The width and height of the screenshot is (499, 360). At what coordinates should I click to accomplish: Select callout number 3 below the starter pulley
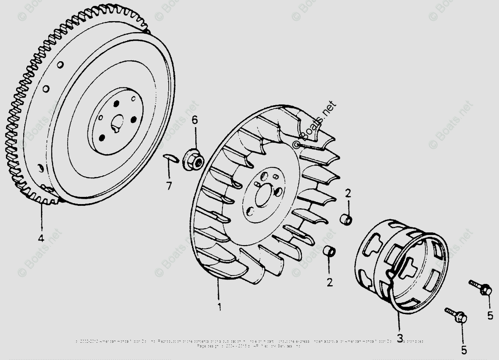coord(399,338)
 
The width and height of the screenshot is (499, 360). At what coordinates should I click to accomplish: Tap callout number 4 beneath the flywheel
coord(41,238)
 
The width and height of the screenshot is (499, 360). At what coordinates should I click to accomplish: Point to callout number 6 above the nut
coord(195,120)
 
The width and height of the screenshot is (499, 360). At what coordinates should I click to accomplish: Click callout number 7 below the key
coord(169,185)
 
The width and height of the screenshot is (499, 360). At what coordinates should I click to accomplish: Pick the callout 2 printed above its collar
coord(348,194)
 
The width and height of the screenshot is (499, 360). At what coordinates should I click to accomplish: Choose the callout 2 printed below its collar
coord(329,282)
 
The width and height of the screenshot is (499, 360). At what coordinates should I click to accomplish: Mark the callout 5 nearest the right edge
coord(490,315)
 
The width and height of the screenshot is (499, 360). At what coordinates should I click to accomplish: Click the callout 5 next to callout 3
coord(464,350)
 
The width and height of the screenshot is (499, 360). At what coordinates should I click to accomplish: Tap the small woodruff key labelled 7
coord(169,157)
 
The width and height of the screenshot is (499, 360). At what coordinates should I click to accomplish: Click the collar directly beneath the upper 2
coord(346,220)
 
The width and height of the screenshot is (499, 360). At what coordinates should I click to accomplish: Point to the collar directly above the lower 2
coord(329,251)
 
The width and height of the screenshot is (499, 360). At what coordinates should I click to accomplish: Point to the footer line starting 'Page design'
coord(249,346)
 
